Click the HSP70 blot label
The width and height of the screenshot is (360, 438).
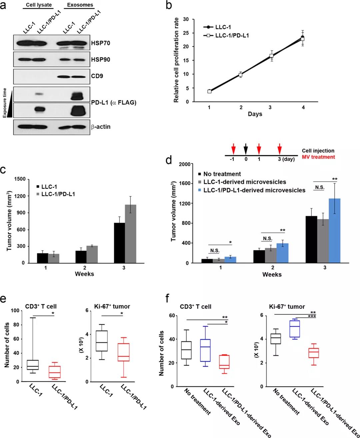coord(100,43)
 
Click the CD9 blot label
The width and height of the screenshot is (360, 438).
coord(97,76)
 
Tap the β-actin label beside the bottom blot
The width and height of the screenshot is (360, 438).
coord(101,127)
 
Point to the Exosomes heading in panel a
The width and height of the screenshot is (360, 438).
coord(80,5)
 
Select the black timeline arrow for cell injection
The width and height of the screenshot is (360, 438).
coord(246,148)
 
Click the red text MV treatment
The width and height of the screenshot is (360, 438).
coord(318,157)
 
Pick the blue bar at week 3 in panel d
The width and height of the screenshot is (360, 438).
coord(334,230)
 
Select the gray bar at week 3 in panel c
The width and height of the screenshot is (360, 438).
coord(130,233)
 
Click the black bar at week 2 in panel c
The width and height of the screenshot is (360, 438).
coord(80,257)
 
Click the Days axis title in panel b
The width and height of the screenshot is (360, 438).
coord(255,114)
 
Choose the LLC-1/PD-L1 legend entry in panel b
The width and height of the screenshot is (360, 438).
coord(232,35)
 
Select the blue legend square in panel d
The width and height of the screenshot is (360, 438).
coord(200,190)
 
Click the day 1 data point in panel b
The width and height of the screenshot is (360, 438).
coord(209,91)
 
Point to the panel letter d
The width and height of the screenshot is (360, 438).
coord(169,160)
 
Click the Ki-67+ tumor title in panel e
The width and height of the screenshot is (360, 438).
coord(115,306)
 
